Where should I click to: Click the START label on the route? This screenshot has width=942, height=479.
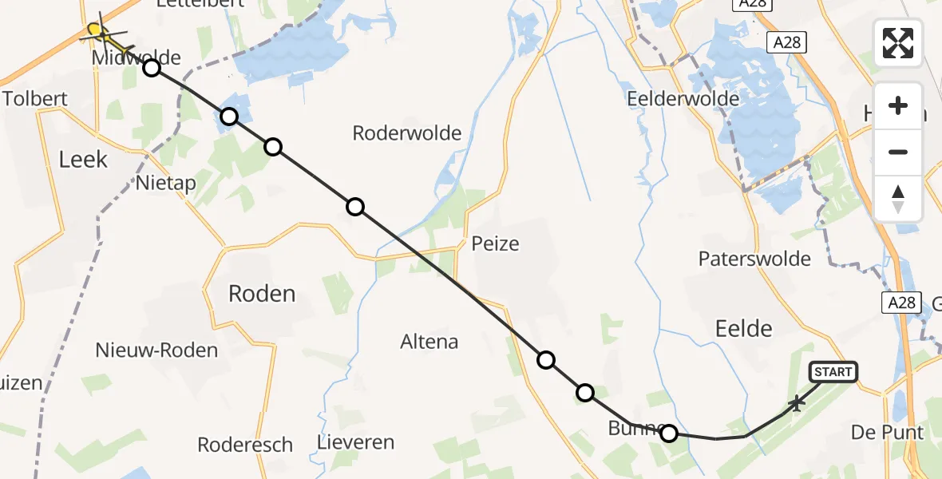(833, 372)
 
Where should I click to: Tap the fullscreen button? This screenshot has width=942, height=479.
(898, 43)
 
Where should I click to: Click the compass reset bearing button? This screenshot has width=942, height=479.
(898, 199)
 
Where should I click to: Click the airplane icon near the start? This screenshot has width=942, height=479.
(796, 403)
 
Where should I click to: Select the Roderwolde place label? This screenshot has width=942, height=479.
(407, 133)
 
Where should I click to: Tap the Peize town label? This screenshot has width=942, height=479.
(495, 243)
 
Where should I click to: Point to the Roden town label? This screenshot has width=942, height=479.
(262, 293)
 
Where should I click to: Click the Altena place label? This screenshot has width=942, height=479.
(429, 342)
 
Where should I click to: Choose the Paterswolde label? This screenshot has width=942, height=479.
(754, 259)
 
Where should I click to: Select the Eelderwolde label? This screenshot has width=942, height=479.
(683, 99)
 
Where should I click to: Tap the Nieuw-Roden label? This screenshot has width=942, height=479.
(156, 350)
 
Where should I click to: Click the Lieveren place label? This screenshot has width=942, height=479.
(355, 441)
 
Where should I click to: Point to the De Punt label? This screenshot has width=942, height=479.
(887, 432)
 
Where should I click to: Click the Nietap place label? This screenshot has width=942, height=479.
(166, 183)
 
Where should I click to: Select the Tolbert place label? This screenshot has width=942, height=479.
(34, 99)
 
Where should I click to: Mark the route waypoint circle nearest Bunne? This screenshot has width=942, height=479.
(669, 433)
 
